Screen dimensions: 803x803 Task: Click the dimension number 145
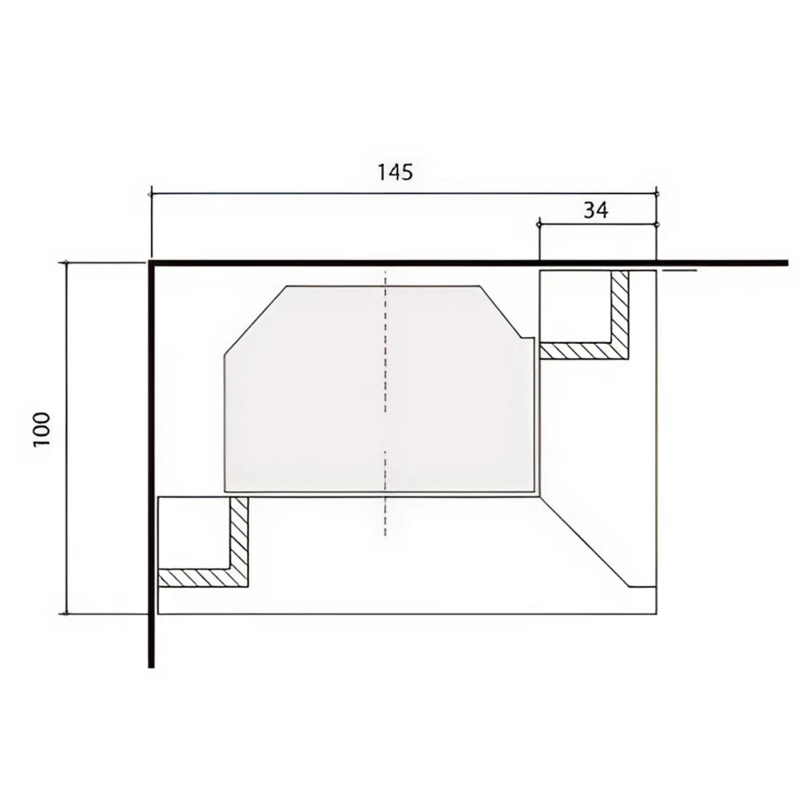coord(395,172)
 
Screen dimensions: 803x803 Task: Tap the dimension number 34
coord(596,210)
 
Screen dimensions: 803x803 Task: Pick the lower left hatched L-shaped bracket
coord(239,578)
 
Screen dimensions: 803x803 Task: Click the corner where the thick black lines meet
coord(152,263)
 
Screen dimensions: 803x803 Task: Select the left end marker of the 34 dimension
coord(539,225)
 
